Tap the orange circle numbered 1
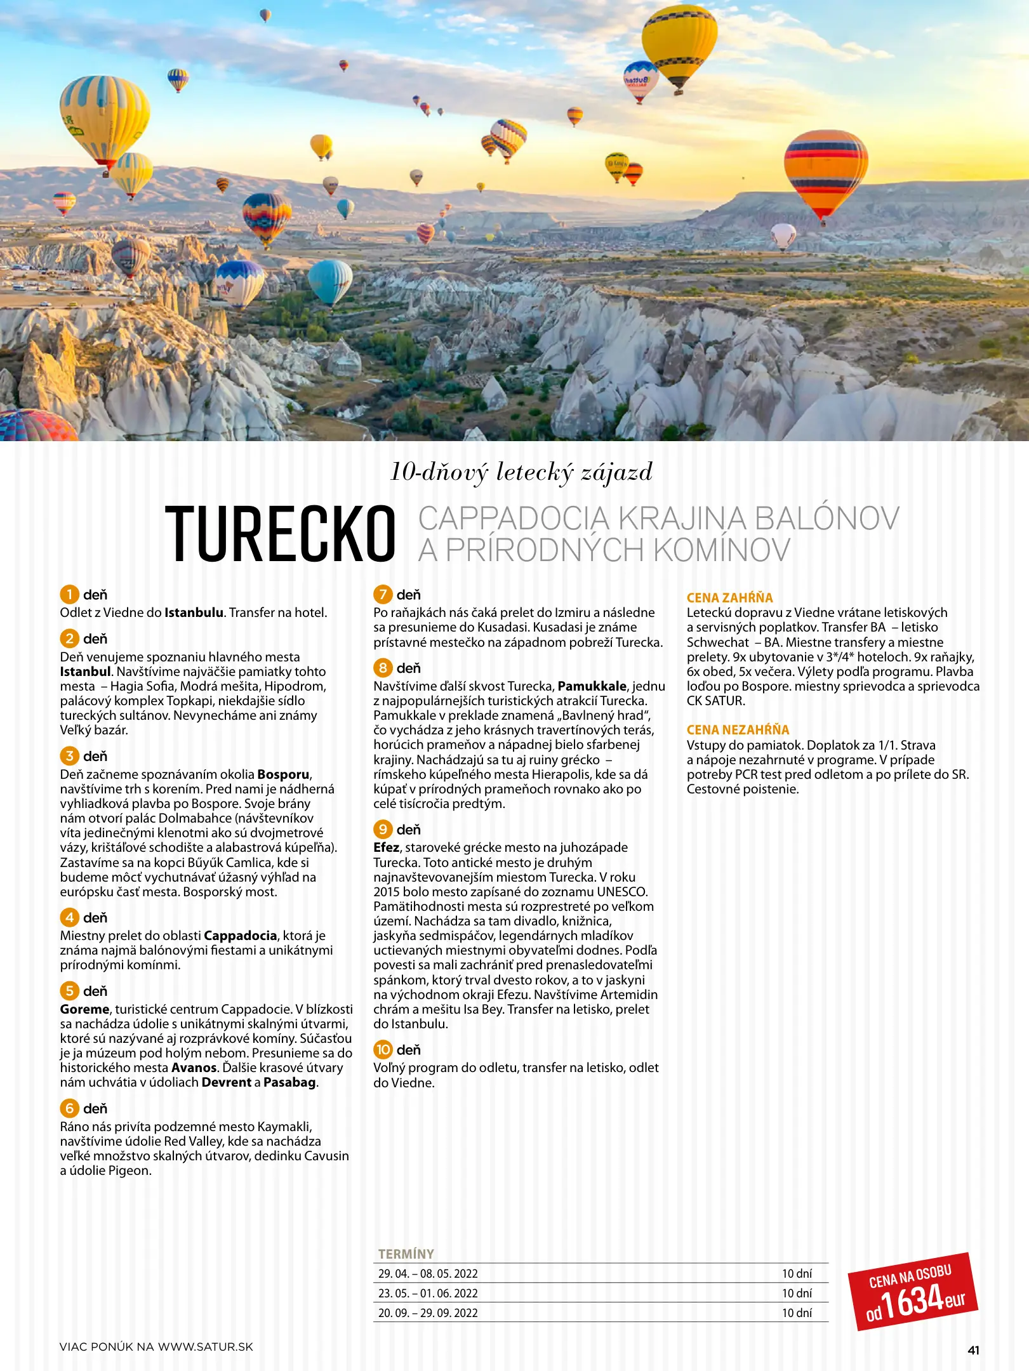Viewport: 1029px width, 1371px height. (69, 595)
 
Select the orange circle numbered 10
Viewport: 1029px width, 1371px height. (383, 1049)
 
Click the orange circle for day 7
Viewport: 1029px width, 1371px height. (383, 595)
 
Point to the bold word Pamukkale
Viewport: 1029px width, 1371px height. (592, 686)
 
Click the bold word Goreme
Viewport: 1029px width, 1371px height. (84, 1009)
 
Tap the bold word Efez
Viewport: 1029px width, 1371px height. (386, 847)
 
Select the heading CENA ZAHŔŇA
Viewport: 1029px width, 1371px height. (729, 597)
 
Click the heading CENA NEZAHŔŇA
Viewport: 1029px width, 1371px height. (738, 730)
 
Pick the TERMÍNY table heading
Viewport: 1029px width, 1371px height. (406, 1254)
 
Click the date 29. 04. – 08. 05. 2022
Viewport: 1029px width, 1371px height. (428, 1274)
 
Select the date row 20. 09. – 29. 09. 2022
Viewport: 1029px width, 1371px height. (428, 1313)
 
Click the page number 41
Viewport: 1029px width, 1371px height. (973, 1350)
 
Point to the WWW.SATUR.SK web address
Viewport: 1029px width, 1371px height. (205, 1347)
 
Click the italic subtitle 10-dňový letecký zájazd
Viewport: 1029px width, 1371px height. (521, 472)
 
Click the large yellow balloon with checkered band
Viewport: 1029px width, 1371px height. (679, 41)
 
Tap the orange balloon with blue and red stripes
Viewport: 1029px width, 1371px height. (825, 170)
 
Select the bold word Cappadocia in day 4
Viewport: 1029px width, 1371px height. (240, 936)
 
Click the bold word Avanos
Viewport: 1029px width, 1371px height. (194, 1068)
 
